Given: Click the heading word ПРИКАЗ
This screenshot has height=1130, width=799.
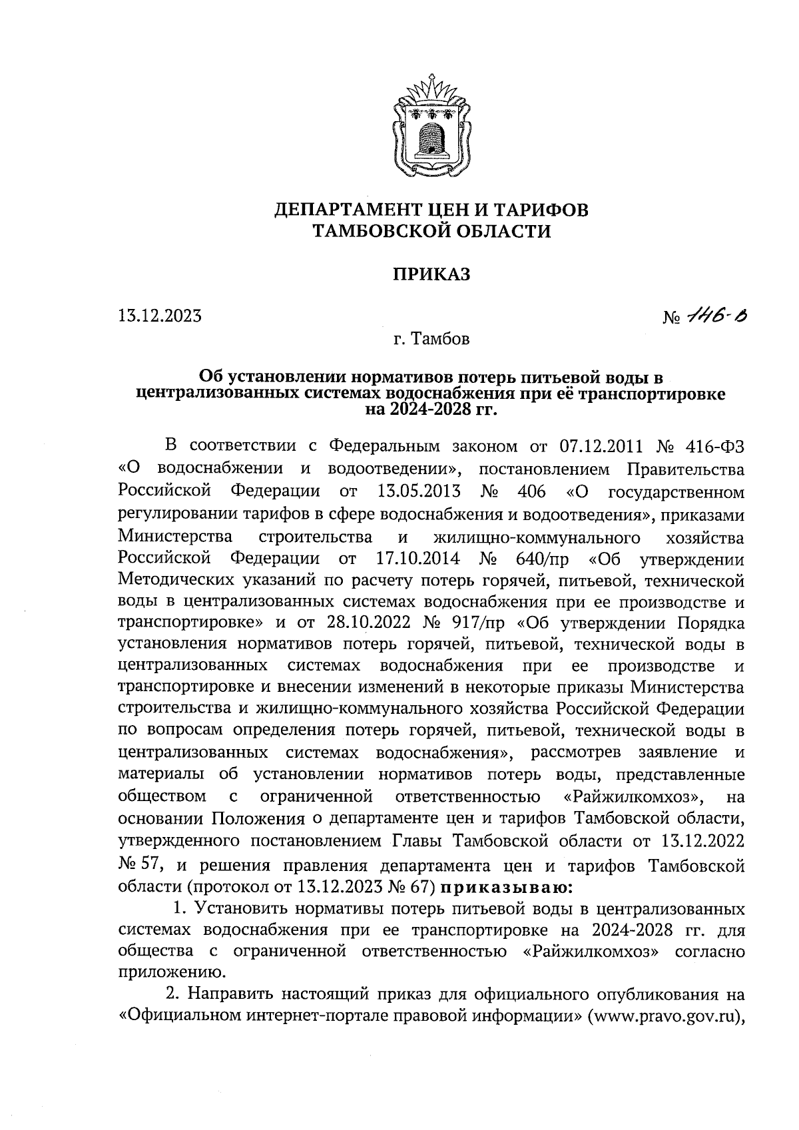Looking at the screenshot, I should coord(432,274).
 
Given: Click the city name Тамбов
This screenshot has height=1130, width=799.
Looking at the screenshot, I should coord(441,340).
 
